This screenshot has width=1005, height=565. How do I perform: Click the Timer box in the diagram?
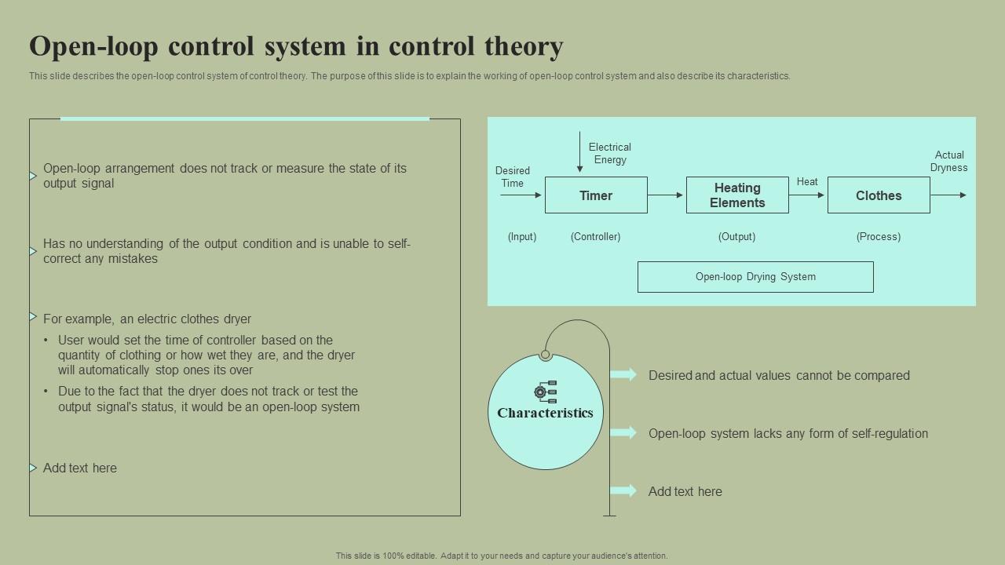click(x=596, y=195)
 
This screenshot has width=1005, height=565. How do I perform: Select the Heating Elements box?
click(x=737, y=195)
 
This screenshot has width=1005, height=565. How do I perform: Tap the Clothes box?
click(x=879, y=195)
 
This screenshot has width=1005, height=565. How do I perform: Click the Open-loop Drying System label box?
click(x=755, y=277)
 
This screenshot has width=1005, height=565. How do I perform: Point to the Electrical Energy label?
click(x=610, y=153)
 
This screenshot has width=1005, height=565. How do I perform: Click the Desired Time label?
click(x=512, y=177)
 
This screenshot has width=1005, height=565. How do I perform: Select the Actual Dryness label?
click(x=948, y=161)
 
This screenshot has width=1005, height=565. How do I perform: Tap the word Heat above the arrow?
click(x=807, y=181)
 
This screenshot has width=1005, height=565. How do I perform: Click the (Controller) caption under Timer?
click(x=595, y=236)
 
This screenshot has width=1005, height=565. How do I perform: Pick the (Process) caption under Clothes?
click(x=878, y=236)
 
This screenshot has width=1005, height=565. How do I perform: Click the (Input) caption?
click(x=522, y=236)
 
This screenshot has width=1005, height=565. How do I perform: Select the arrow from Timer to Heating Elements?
click(x=666, y=195)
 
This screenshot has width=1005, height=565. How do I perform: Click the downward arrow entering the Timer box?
click(x=579, y=152)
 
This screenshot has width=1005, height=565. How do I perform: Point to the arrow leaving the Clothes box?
click(x=948, y=195)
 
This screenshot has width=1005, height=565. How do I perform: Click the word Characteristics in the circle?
click(x=545, y=413)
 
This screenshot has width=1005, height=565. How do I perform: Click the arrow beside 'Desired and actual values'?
click(x=623, y=375)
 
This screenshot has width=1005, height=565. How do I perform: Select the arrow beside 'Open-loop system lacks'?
click(x=623, y=432)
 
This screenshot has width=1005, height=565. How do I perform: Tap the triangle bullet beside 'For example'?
click(x=33, y=317)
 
